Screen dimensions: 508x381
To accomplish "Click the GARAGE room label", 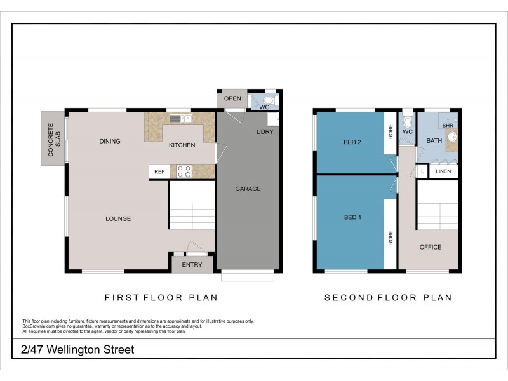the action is tap(248, 189).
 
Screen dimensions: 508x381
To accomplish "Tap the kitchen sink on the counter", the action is tap(180, 119).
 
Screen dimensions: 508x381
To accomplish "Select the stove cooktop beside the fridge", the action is tap(184, 171).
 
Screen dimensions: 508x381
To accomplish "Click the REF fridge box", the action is tap(159, 171).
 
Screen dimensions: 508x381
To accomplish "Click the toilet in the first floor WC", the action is tap(269, 100).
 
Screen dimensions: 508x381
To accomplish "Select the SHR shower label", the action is tap(448, 125).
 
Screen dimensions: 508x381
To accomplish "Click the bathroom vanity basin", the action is tap(452, 137).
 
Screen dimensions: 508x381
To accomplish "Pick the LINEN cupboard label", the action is tap(443, 171).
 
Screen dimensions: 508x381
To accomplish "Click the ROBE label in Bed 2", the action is tap(391, 132).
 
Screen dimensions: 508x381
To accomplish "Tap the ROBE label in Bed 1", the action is tap(391, 237).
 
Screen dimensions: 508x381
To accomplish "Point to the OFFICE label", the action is tap(431, 247).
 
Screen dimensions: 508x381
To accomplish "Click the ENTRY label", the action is tap(192, 265).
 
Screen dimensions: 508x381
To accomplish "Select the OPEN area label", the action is tap(232, 98).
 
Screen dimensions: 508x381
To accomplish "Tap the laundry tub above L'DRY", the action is tap(272, 119).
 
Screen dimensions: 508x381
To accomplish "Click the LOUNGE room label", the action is tap(118, 218).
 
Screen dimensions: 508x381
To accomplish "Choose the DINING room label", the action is tap(109, 141).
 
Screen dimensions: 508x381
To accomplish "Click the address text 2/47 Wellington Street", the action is tap(77, 350).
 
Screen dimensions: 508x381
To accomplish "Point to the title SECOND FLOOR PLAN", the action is tap(388, 298).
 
